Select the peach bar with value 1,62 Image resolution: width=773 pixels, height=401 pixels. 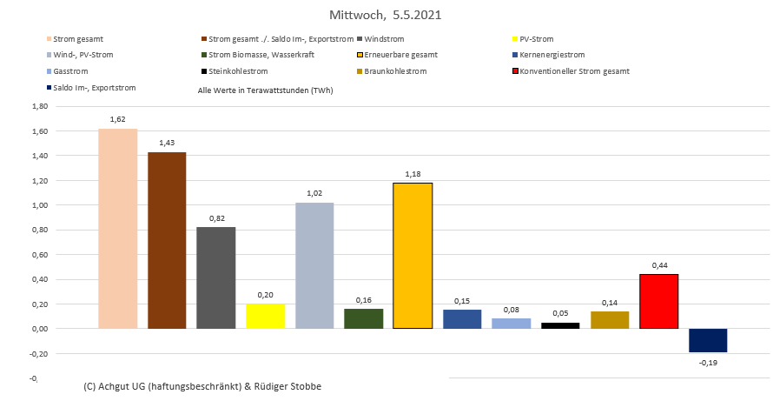click(x=118, y=228)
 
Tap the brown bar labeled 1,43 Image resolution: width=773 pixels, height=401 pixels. click(x=167, y=240)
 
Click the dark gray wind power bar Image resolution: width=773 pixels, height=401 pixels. click(x=216, y=277)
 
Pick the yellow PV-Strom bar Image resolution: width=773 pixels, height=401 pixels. click(x=266, y=316)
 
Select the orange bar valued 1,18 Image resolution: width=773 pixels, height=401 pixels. click(x=413, y=256)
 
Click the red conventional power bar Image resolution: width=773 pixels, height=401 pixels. click(x=658, y=301)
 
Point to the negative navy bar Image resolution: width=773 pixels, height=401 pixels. click(x=708, y=340)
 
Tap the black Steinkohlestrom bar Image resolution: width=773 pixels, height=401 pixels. click(x=560, y=325)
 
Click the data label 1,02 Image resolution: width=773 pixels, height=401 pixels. click(x=314, y=193)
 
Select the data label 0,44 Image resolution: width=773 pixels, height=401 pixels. click(x=658, y=265)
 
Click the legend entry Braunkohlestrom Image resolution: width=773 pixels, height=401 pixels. click(x=395, y=70)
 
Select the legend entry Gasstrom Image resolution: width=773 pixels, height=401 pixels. click(x=69, y=70)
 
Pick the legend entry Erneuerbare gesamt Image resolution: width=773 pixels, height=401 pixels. click(x=400, y=55)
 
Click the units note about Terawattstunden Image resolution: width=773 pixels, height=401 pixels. click(x=266, y=90)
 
